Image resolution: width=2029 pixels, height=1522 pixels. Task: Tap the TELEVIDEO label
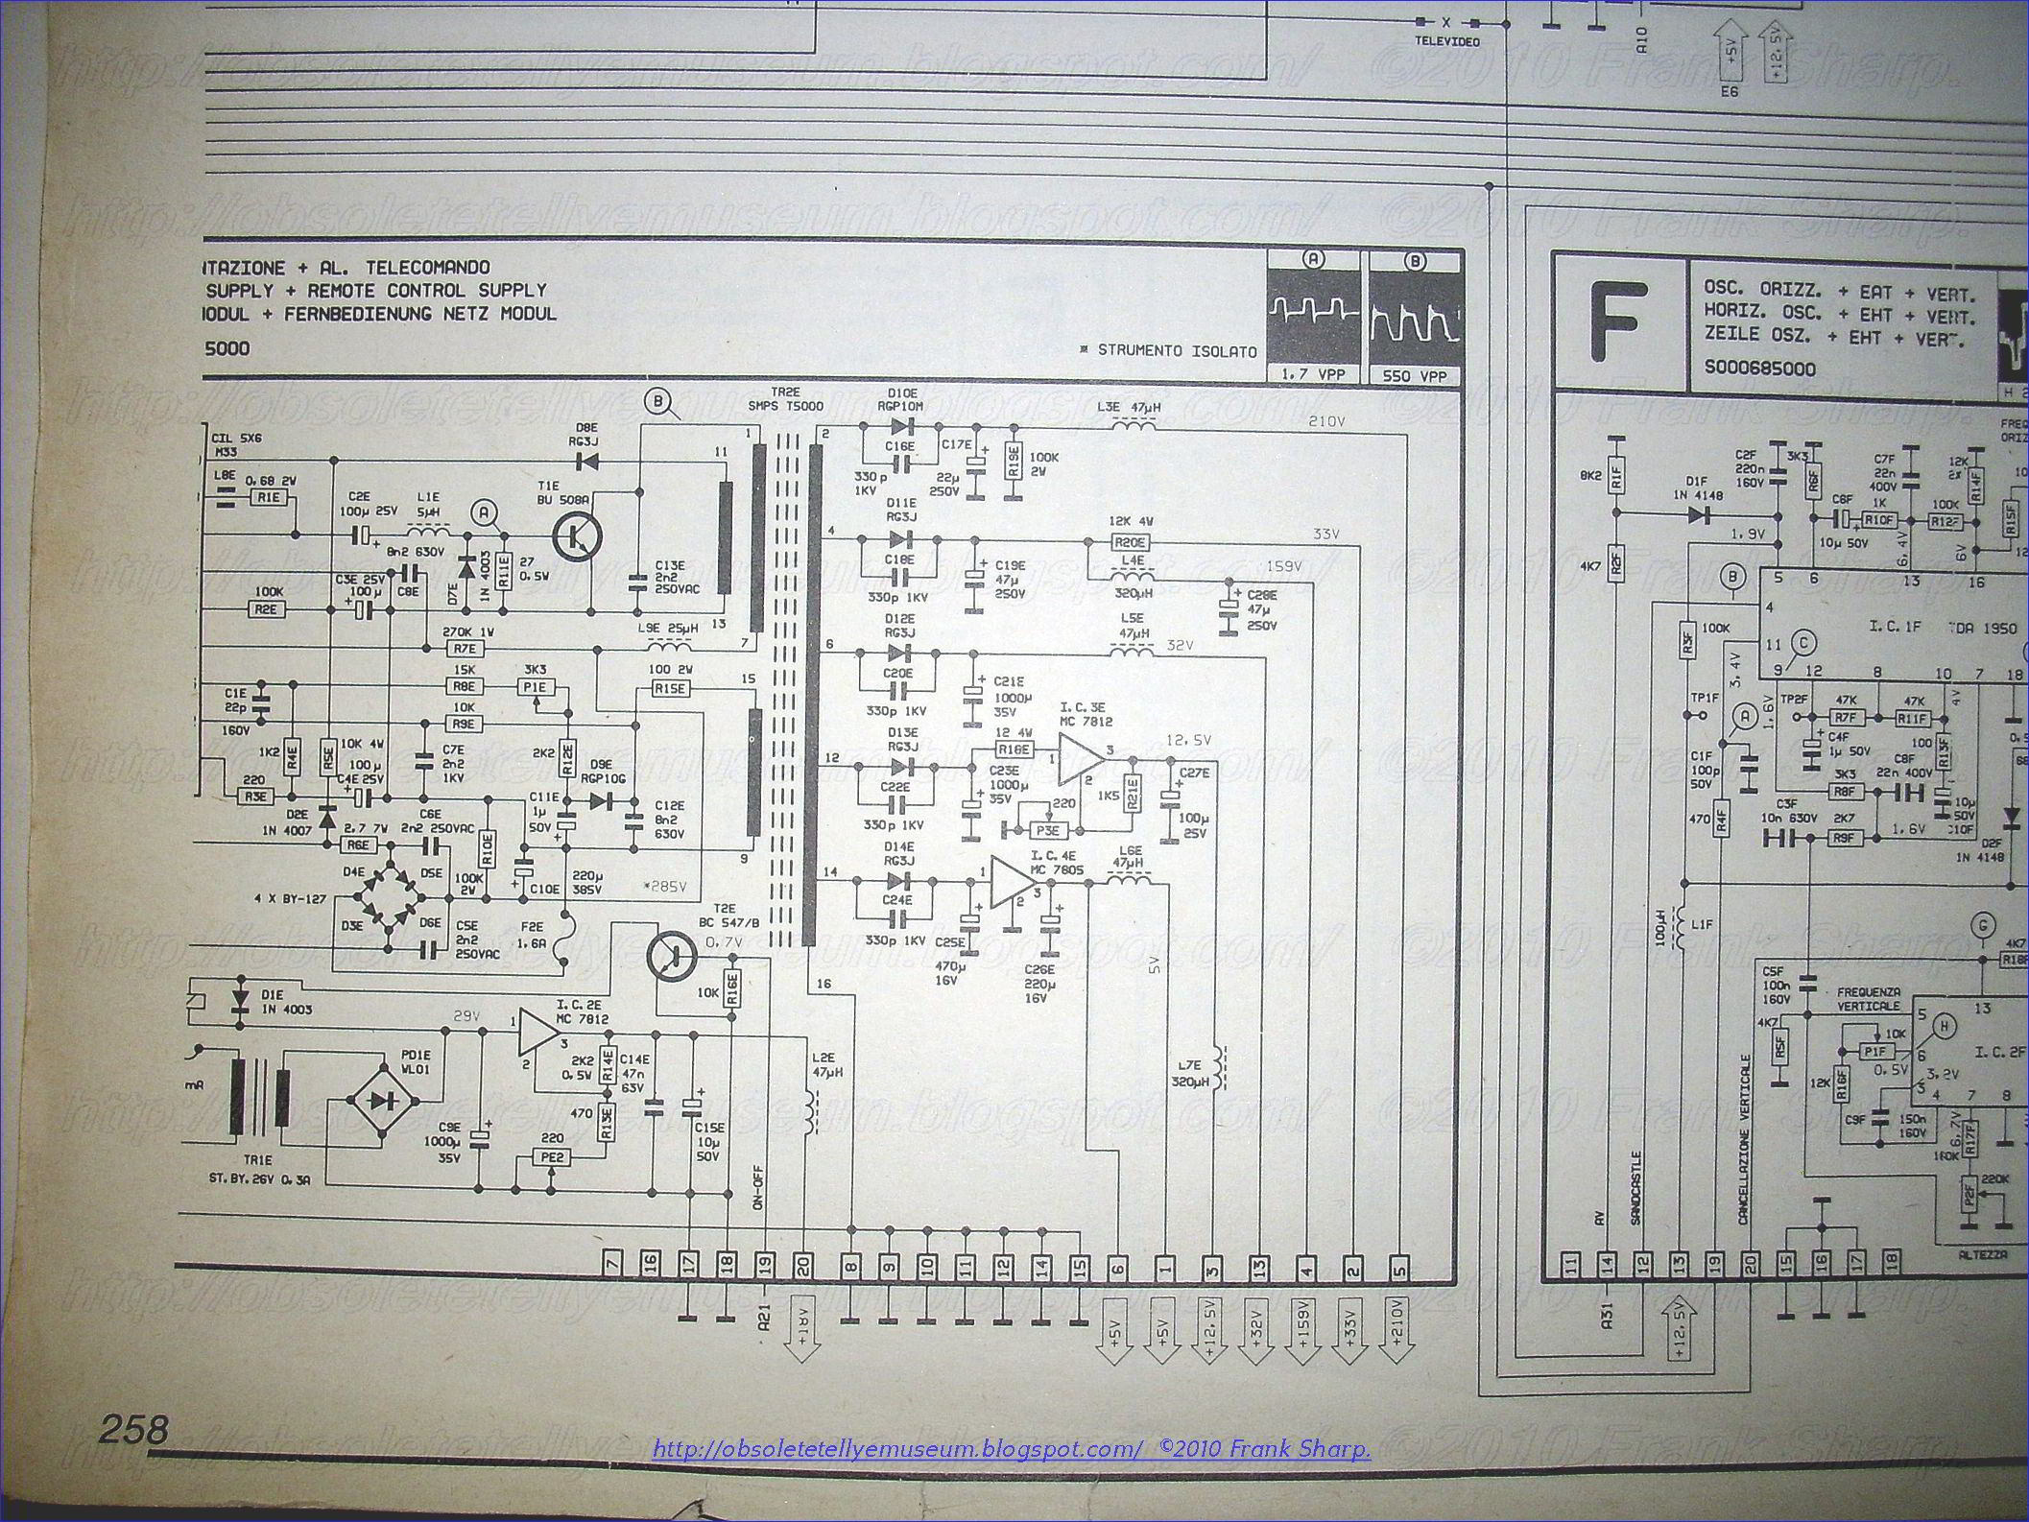[1447, 42]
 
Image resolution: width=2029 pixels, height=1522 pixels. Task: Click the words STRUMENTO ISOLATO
[1176, 351]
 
